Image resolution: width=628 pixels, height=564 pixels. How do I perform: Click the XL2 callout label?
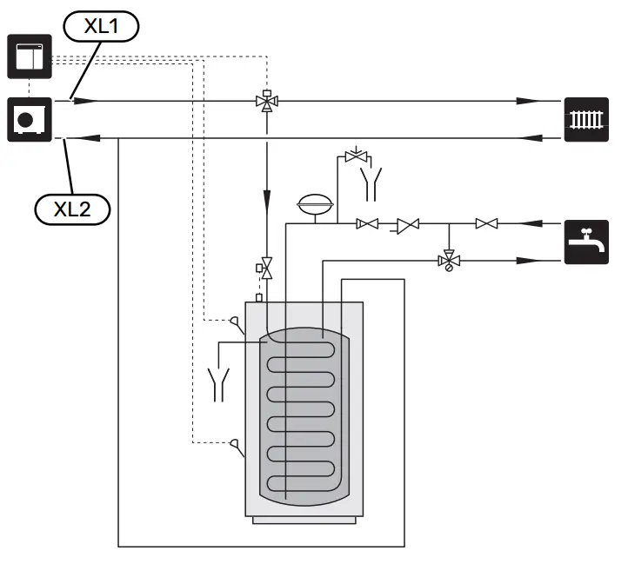tap(73, 209)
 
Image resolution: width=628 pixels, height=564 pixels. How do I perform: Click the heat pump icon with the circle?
tap(30, 119)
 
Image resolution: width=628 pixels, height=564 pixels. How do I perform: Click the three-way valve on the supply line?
tap(267, 101)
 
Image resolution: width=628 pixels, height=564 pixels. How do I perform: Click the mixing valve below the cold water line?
tap(449, 260)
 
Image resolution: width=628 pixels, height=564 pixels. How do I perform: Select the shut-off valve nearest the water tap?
tap(485, 224)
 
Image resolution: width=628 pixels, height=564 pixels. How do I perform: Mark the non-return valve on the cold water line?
tap(406, 224)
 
